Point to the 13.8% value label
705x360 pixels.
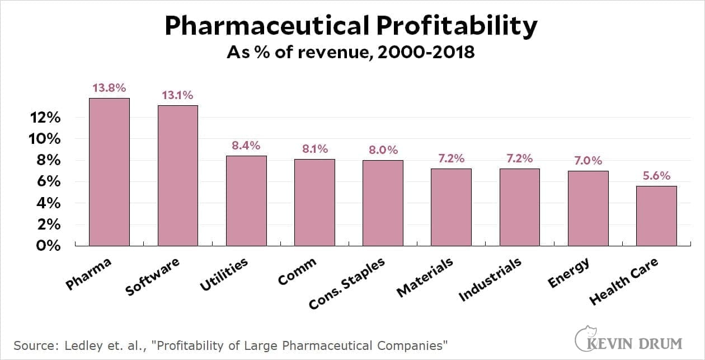pos(110,88)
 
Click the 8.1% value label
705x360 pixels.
pos(314,149)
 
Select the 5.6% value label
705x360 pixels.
pos(656,175)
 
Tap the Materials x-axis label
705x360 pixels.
pos(425,278)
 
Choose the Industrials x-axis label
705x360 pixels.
pos(490,280)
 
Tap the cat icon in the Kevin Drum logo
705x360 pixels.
pos(585,336)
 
